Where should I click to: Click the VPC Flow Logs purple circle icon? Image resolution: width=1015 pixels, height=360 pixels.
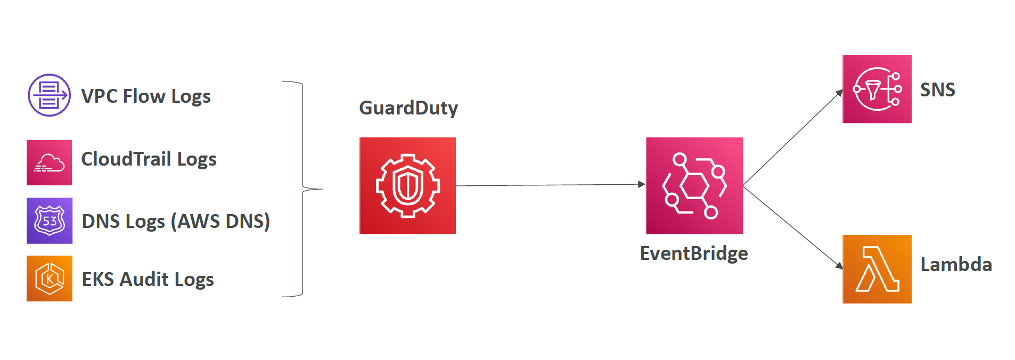(x=49, y=95)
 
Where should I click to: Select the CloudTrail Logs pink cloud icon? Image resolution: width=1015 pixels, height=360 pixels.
(x=50, y=162)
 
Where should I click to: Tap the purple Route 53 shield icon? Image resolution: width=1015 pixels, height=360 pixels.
(x=50, y=220)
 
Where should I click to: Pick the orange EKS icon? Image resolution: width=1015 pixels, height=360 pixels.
(x=50, y=279)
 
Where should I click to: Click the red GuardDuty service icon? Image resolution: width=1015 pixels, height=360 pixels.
(x=407, y=185)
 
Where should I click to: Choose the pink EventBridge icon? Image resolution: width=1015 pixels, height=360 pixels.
(x=694, y=185)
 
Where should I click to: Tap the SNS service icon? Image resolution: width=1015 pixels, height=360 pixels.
(x=877, y=89)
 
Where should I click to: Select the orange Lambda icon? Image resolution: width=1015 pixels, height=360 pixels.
(x=877, y=269)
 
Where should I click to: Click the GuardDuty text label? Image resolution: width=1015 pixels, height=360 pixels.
(x=408, y=108)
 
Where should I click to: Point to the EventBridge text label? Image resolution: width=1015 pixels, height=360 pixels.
(x=694, y=253)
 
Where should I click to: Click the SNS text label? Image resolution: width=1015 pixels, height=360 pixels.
(x=938, y=89)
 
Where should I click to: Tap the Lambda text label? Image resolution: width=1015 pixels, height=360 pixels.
(x=956, y=264)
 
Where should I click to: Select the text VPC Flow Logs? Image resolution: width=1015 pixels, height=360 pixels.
(x=146, y=96)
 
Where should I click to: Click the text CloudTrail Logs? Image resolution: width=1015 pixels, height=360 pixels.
(x=149, y=159)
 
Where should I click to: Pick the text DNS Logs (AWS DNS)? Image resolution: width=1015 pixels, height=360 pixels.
(x=176, y=221)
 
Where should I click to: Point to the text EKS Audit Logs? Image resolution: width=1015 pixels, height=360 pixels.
(x=148, y=280)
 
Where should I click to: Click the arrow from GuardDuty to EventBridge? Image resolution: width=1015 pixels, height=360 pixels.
(x=551, y=185)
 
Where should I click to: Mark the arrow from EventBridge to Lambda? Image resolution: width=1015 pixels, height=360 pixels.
(x=793, y=227)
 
